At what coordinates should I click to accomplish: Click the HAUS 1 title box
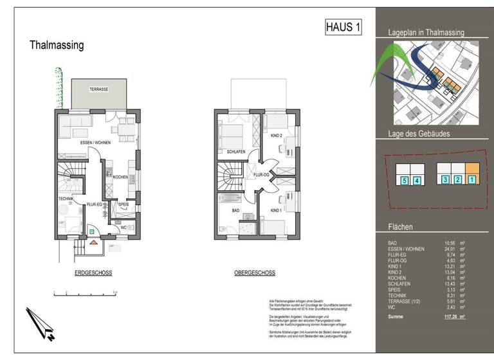coord(344,28)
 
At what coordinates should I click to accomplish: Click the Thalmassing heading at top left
coord(57,46)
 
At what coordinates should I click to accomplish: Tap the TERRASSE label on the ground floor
coord(98,89)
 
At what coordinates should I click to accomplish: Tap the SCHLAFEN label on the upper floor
coord(236,152)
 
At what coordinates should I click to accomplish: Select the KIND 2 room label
coord(277,136)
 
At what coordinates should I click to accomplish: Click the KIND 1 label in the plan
coord(277,210)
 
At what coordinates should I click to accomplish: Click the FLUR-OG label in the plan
coord(261,175)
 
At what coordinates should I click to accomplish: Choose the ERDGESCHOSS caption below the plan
coord(93,273)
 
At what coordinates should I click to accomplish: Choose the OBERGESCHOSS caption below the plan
coord(255,273)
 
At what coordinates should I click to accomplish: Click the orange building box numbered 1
coord(472,180)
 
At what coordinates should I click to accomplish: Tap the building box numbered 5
coord(404,181)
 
